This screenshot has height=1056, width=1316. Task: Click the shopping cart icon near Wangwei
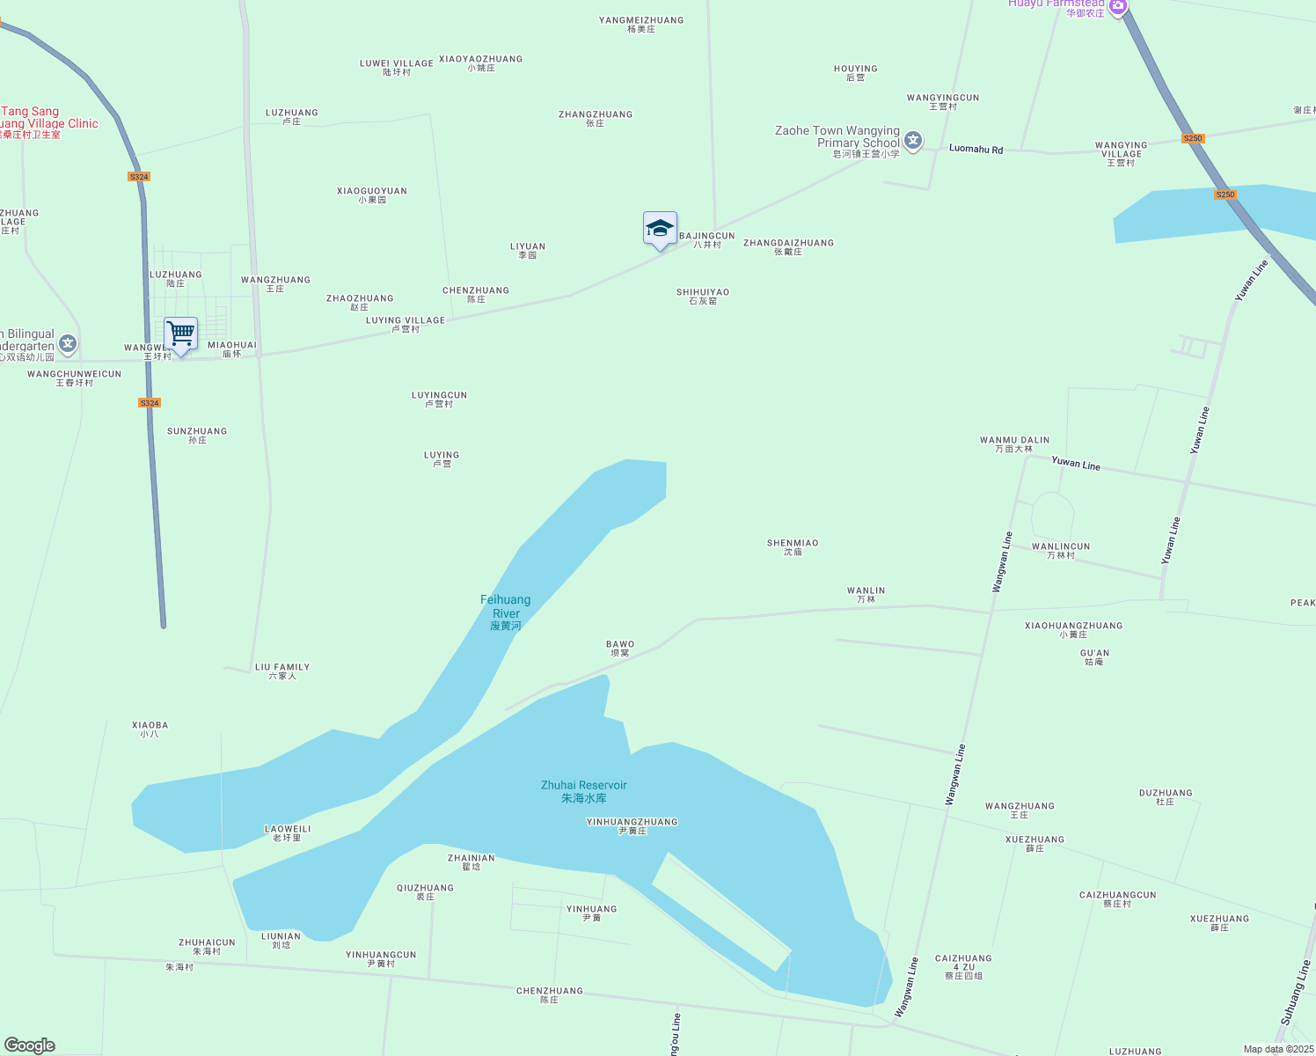click(180, 334)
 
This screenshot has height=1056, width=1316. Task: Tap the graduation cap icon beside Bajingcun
click(660, 229)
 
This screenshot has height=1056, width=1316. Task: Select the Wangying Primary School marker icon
click(913, 141)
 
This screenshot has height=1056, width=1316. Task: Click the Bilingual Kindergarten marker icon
click(69, 343)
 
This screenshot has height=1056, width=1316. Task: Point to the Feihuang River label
click(506, 612)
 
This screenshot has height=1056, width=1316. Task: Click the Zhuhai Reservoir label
click(584, 791)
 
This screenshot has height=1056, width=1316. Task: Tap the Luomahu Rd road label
click(976, 150)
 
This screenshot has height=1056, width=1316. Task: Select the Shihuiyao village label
click(703, 296)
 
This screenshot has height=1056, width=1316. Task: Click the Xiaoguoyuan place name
click(372, 194)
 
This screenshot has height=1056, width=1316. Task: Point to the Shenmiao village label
click(793, 547)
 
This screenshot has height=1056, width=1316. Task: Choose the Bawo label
click(620, 648)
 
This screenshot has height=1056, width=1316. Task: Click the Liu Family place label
click(282, 671)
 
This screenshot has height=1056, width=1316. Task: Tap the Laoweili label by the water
click(288, 832)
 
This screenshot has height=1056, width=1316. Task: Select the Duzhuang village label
click(1166, 796)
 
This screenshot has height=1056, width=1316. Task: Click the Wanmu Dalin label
click(1014, 444)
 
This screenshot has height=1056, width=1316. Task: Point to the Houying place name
click(856, 72)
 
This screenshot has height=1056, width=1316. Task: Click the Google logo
click(30, 1045)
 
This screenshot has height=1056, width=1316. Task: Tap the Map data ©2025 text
click(1278, 1049)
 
